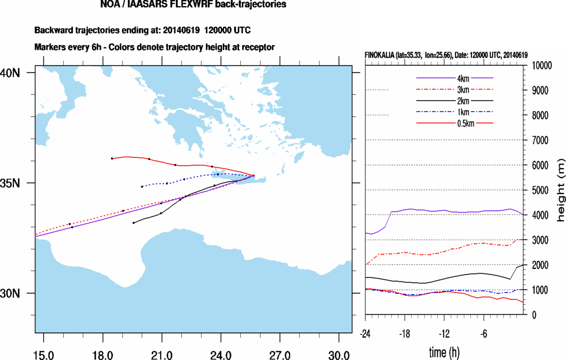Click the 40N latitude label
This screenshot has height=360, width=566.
point(10,73)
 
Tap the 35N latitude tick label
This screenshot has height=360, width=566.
point(10,183)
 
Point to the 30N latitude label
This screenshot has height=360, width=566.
point(10,293)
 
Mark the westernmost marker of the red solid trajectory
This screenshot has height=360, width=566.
point(112,158)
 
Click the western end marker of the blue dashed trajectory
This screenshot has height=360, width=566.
point(142,186)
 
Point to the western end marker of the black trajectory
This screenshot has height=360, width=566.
point(133,223)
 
